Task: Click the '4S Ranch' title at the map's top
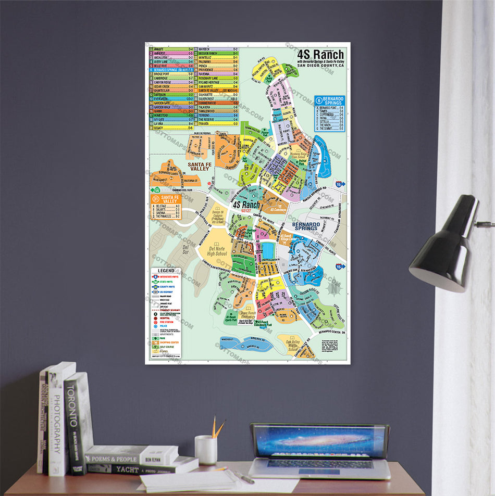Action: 320,55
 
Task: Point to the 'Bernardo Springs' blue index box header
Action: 328,100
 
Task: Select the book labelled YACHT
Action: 130,469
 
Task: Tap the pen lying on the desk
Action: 243,476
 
